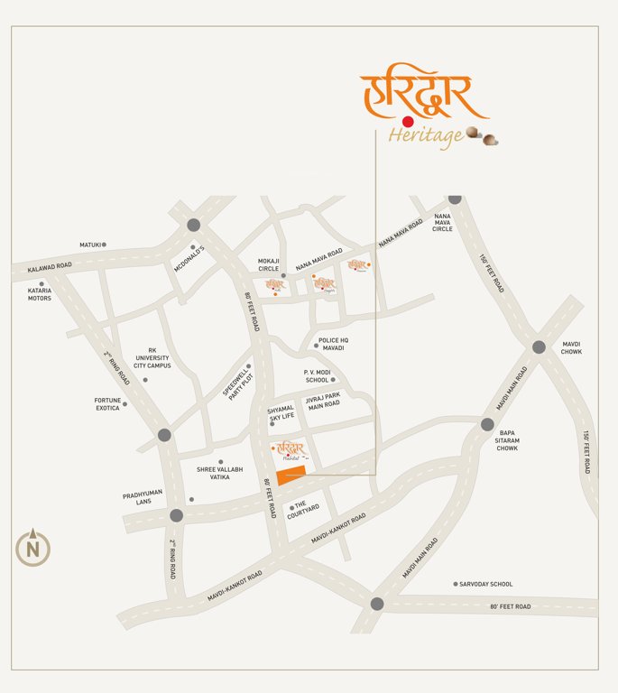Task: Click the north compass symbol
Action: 32,547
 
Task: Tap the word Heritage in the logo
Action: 426,135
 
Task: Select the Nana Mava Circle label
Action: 443,223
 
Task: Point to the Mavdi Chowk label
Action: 572,347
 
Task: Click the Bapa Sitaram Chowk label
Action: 508,440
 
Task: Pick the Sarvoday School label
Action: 485,584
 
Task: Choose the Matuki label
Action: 90,245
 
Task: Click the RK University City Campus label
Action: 152,358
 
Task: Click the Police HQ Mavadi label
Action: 333,344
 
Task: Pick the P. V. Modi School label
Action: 317,376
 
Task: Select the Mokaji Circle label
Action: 269,264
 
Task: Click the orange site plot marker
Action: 291,476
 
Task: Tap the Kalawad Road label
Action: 49,268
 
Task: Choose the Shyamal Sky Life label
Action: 281,412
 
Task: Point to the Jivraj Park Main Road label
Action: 322,401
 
